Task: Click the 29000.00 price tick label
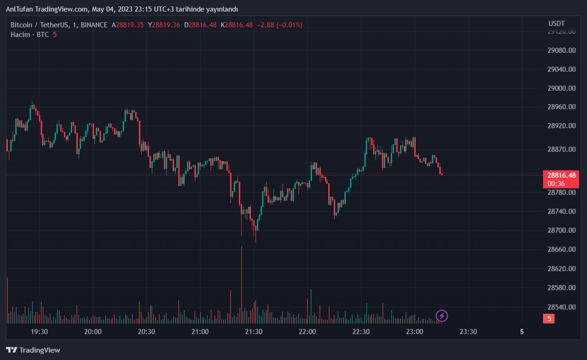coord(561,88)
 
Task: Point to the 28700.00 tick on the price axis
coord(561,230)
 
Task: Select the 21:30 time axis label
coord(254,332)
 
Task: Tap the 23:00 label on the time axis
coord(414,332)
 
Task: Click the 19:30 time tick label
coord(39,332)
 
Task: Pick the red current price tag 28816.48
coord(561,175)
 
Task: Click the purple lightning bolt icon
coord(442,316)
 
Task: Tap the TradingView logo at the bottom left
coord(33,350)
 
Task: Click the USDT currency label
coord(556,24)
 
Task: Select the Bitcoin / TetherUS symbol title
coord(40,25)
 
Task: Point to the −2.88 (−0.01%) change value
coord(279,25)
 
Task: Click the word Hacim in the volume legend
coord(20,35)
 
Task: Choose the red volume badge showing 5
coord(549,318)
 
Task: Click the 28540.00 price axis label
coord(561,307)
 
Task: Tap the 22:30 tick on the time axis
coord(361,332)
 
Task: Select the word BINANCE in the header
coord(94,25)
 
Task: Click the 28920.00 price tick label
coord(561,126)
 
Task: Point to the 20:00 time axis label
coord(93,332)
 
